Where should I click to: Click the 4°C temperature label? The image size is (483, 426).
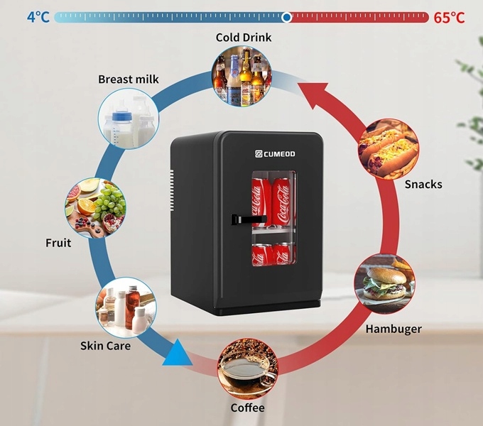[x=38, y=16]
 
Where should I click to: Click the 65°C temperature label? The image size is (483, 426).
[x=449, y=17]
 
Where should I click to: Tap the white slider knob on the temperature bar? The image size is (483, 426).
[x=286, y=17]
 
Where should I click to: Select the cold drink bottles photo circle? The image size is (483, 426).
[x=242, y=76]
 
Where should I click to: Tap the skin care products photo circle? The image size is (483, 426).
[x=126, y=307]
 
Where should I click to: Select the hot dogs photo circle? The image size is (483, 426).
[x=389, y=149]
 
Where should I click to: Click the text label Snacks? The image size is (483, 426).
[x=423, y=185]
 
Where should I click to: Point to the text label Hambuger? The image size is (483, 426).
[x=394, y=329]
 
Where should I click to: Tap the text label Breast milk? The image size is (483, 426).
[x=129, y=80]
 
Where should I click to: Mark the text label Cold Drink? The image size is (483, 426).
[x=244, y=38]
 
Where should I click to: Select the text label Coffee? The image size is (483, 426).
[x=247, y=408]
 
